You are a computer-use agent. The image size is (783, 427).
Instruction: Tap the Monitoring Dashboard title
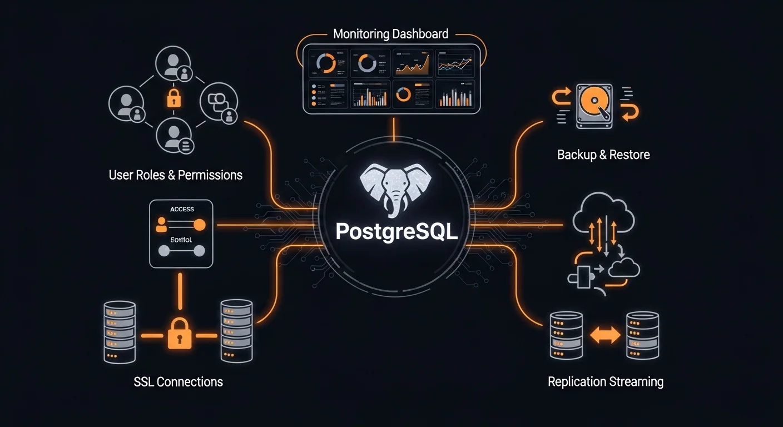pyautogui.click(x=390, y=34)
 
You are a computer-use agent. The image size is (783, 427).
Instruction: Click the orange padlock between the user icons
pyautogui.click(x=174, y=98)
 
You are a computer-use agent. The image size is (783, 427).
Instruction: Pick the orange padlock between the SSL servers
pyautogui.click(x=179, y=334)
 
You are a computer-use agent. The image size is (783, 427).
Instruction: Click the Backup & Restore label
pyautogui.click(x=603, y=155)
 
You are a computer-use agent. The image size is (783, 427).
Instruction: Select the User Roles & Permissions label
pyautogui.click(x=176, y=175)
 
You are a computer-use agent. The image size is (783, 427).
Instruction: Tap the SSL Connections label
pyautogui.click(x=178, y=382)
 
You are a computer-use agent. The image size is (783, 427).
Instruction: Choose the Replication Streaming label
pyautogui.click(x=605, y=381)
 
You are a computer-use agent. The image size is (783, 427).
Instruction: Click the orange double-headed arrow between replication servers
pyautogui.click(x=604, y=335)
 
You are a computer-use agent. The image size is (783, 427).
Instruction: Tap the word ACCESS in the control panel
pyautogui.click(x=182, y=209)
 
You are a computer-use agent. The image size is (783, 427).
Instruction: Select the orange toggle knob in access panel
pyautogui.click(x=199, y=225)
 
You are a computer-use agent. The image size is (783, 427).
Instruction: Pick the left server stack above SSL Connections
pyautogui.click(x=120, y=332)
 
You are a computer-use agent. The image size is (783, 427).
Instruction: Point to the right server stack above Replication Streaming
pyautogui.click(x=642, y=335)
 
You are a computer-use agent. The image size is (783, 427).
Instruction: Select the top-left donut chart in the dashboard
pyautogui.click(x=325, y=63)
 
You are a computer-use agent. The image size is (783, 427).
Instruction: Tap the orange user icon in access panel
pyautogui.click(x=162, y=225)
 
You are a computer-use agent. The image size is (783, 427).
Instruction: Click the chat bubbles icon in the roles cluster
pyautogui.click(x=217, y=101)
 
